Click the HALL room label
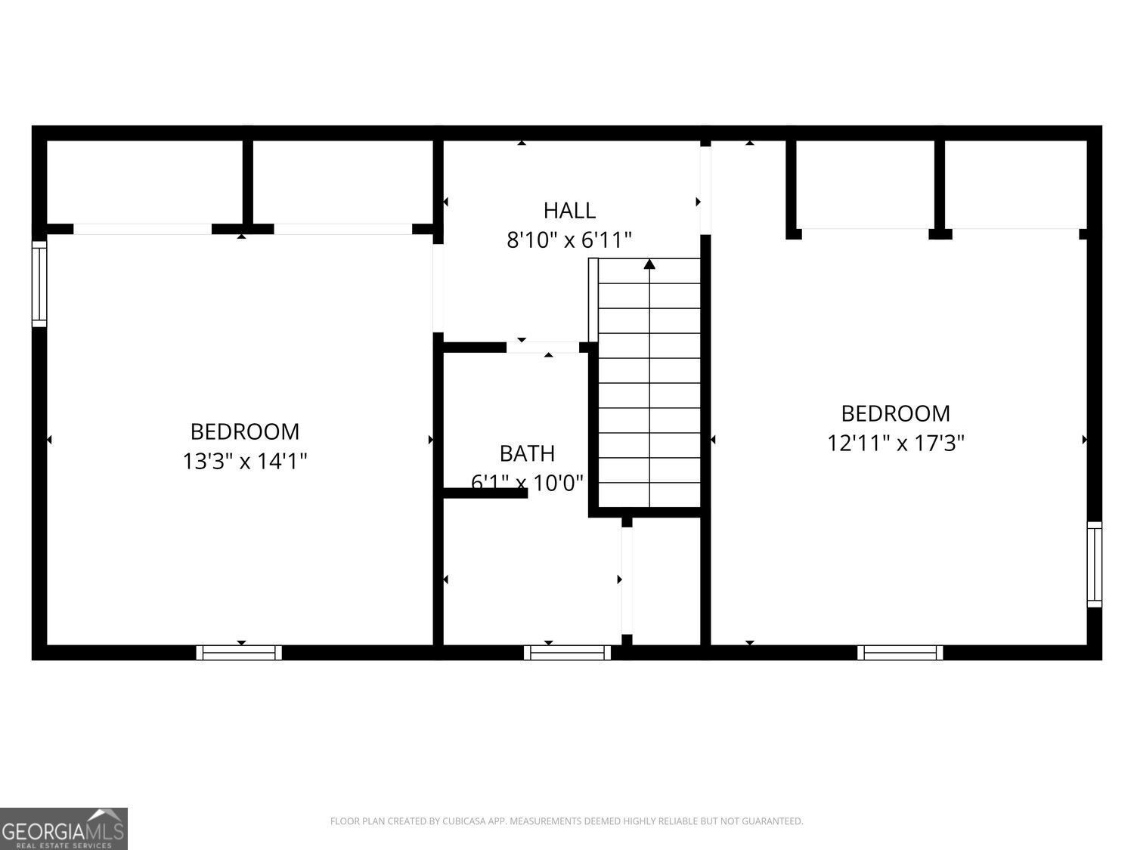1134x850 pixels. pyautogui.click(x=569, y=210)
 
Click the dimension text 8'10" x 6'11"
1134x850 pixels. pyautogui.click(x=569, y=240)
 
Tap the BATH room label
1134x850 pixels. pyautogui.click(x=527, y=453)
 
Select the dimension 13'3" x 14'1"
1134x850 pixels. pyautogui.click(x=244, y=461)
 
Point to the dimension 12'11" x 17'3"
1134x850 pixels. pyautogui.click(x=895, y=443)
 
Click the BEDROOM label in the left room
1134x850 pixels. pyautogui.click(x=244, y=431)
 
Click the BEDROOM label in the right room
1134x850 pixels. pyautogui.click(x=895, y=413)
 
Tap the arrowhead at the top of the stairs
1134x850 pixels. pyautogui.click(x=649, y=264)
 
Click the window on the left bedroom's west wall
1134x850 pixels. pyautogui.click(x=39, y=283)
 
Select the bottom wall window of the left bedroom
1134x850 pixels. pyautogui.click(x=239, y=653)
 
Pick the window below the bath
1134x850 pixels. pyautogui.click(x=567, y=653)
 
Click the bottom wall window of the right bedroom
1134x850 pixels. pyautogui.click(x=900, y=653)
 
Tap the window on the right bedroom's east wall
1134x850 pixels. pyautogui.click(x=1094, y=564)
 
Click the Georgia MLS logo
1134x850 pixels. pyautogui.click(x=64, y=828)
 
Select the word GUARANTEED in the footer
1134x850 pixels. pyautogui.click(x=776, y=821)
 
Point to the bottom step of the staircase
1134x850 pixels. pyautogui.click(x=649, y=495)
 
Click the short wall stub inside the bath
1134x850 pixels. pyautogui.click(x=485, y=493)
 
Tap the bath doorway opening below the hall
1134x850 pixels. pyautogui.click(x=542, y=348)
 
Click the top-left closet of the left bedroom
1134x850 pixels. pyautogui.click(x=144, y=181)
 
